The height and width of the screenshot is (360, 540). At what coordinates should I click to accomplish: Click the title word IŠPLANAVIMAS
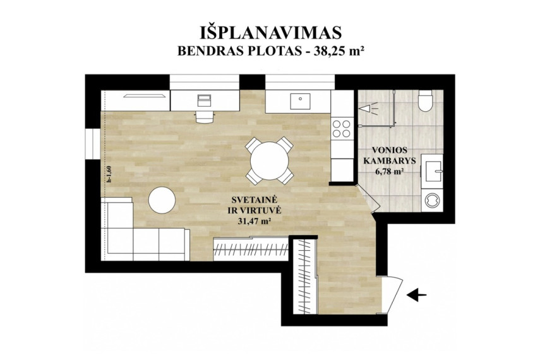coord(270,32)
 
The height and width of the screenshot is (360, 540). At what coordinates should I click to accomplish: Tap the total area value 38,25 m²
coord(338,51)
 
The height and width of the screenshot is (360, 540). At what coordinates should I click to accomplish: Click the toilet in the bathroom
coord(425,101)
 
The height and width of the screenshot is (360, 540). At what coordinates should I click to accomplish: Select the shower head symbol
coord(368,109)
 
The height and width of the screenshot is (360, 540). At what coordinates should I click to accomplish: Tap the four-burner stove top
coord(342,128)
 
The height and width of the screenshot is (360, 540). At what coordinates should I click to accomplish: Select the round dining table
coord(269,161)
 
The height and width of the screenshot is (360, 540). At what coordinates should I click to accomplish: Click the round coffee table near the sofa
coord(162,200)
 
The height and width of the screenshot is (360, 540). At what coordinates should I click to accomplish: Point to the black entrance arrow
coord(417,295)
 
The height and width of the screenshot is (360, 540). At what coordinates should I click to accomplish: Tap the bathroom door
coord(368,198)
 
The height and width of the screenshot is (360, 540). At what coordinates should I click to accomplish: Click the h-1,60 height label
coord(109,175)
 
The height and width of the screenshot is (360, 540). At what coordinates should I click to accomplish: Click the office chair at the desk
coord(204,116)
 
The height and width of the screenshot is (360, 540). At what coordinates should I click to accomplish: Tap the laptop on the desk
coord(204,100)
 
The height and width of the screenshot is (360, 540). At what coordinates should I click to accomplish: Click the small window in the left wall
coord(93,144)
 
